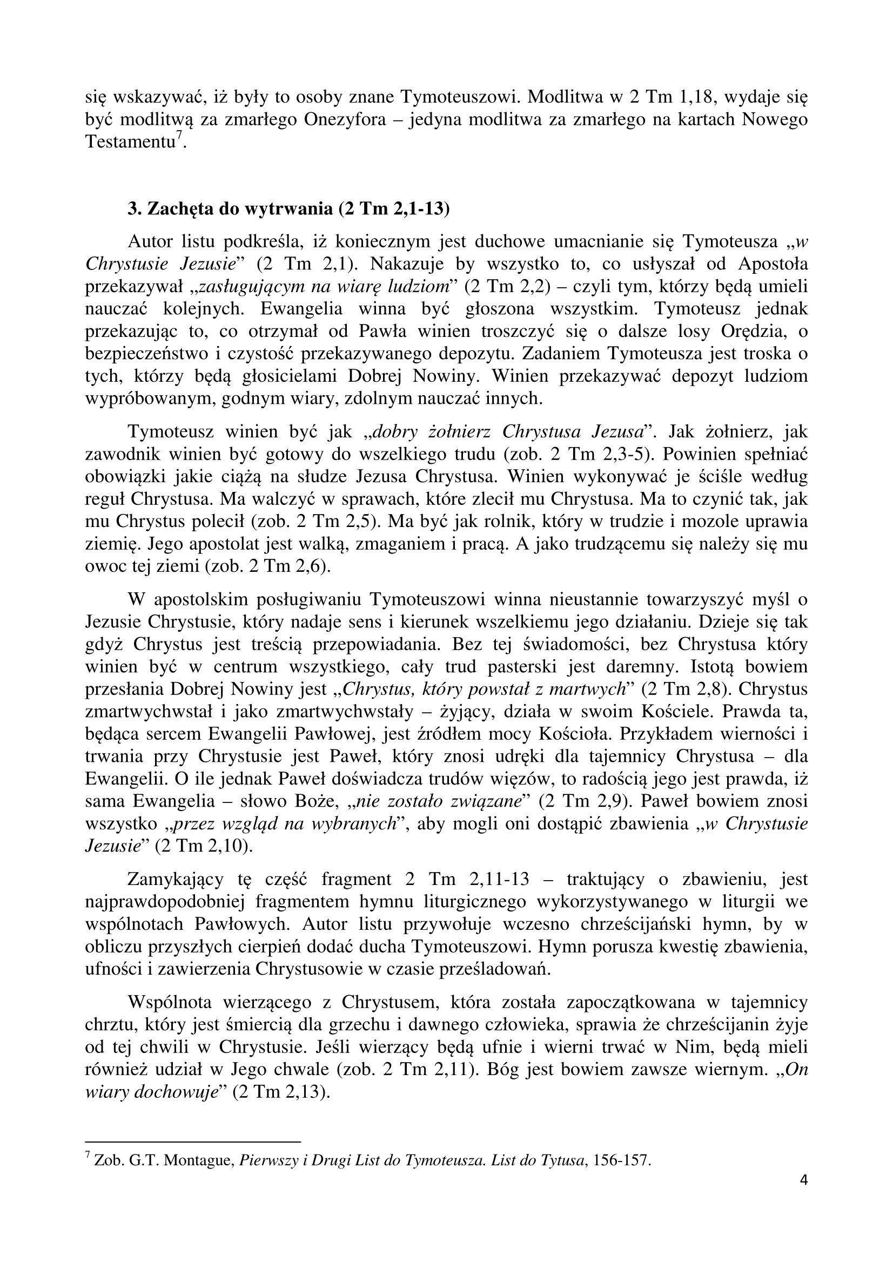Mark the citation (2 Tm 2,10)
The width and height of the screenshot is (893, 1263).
[204, 846]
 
